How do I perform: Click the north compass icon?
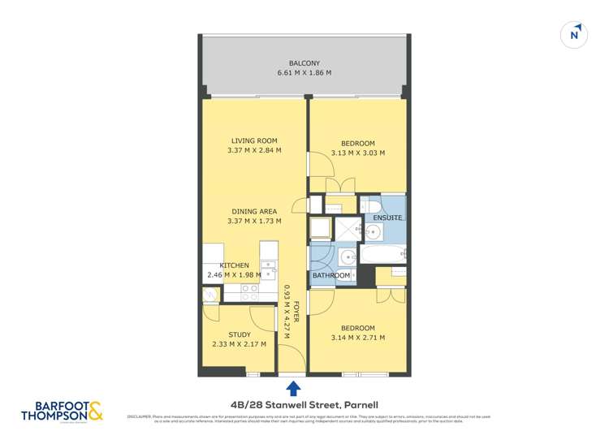[x=575, y=34]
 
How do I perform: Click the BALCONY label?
[x=304, y=63]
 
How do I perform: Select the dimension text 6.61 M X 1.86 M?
[x=304, y=73]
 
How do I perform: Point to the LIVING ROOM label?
[x=255, y=140]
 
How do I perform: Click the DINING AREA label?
[x=255, y=212]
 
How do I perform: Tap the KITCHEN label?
[x=235, y=265]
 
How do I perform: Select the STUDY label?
[x=240, y=334]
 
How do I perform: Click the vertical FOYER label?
[x=297, y=314]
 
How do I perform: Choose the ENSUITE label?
[x=387, y=218]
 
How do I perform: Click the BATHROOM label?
[x=332, y=276]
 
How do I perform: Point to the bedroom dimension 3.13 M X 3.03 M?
[x=357, y=153]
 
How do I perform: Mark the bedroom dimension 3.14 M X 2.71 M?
[x=357, y=338]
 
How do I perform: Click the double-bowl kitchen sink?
[x=268, y=268]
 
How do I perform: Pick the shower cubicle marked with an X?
[x=347, y=228]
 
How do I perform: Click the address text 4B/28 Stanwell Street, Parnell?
[x=292, y=403]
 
